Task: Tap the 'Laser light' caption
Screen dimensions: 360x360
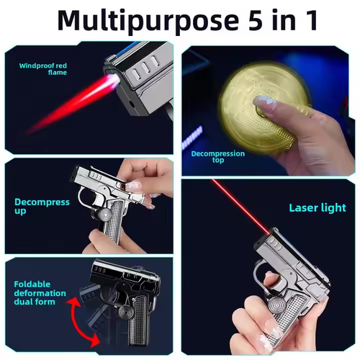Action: (x=318, y=208)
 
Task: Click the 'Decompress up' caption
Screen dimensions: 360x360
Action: (x=42, y=207)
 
